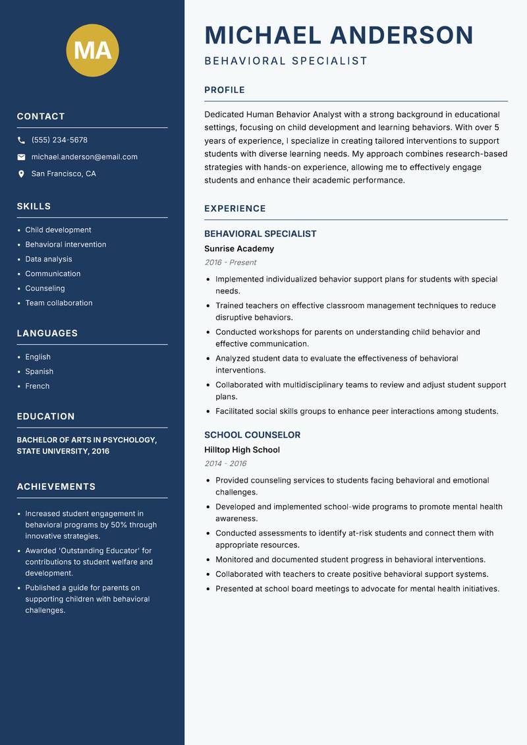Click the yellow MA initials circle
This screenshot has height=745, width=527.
(x=92, y=50)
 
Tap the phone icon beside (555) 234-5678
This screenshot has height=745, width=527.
(x=21, y=140)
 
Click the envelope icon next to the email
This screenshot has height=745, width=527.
(x=21, y=157)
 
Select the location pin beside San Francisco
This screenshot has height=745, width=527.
(x=21, y=174)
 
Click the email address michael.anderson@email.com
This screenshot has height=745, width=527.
(x=84, y=157)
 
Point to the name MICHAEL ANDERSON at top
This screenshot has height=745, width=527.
(x=339, y=35)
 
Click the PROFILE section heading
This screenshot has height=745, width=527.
(x=224, y=90)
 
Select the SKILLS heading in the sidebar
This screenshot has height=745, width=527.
(x=34, y=206)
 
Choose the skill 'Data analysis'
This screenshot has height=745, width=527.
(x=49, y=259)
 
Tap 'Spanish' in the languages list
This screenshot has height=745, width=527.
(x=39, y=371)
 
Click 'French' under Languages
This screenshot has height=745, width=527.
(x=37, y=386)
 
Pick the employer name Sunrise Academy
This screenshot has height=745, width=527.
(x=238, y=249)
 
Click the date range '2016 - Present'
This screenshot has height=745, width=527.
(x=230, y=262)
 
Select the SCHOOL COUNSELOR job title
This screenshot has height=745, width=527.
(x=252, y=435)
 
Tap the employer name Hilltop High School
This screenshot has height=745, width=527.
(x=242, y=450)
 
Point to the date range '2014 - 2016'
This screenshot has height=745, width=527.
(x=225, y=463)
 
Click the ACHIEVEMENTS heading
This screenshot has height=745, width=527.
(x=56, y=487)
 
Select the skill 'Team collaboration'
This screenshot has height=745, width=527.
(x=59, y=303)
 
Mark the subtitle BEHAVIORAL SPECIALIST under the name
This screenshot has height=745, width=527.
(x=286, y=61)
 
